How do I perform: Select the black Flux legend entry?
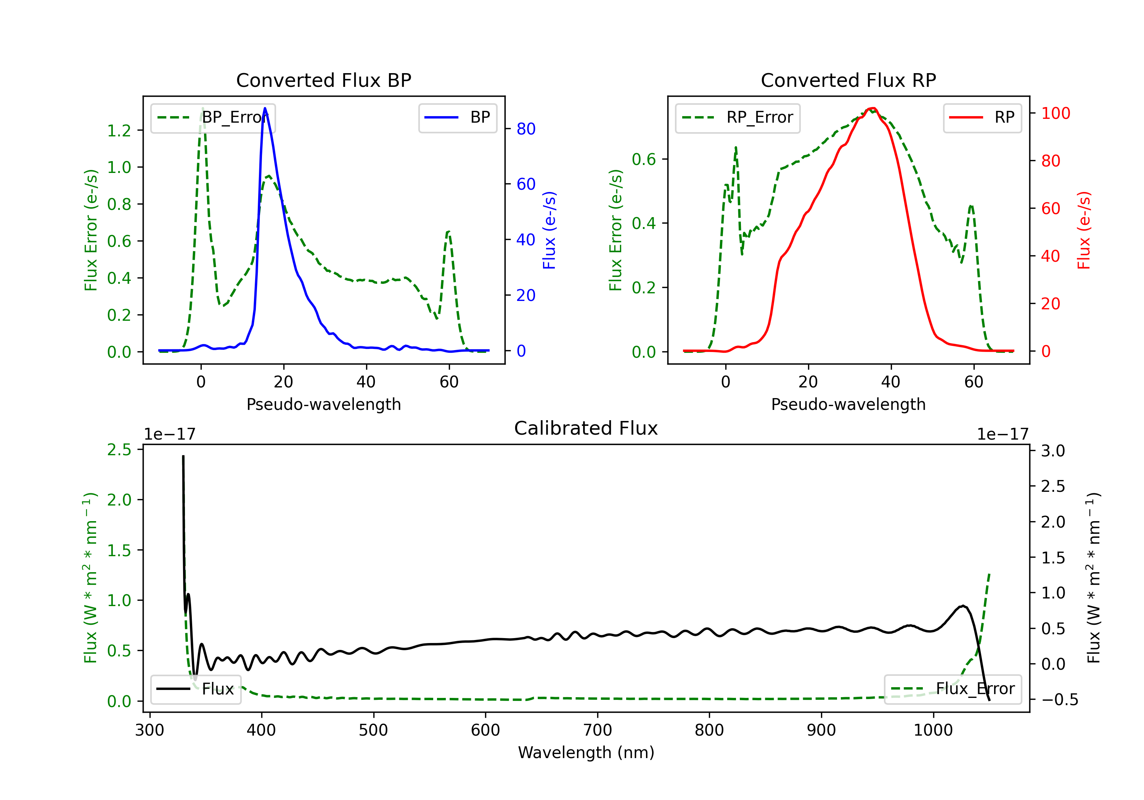point(196,689)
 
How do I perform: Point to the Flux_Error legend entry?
point(953,689)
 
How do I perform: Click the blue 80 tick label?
point(525,129)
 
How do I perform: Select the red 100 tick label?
point(1055,114)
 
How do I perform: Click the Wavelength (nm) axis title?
point(586,753)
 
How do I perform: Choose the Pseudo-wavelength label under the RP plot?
point(848,404)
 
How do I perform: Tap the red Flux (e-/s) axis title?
point(1084,230)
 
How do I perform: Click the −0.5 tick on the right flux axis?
point(1059,700)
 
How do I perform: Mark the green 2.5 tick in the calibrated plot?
point(119,450)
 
